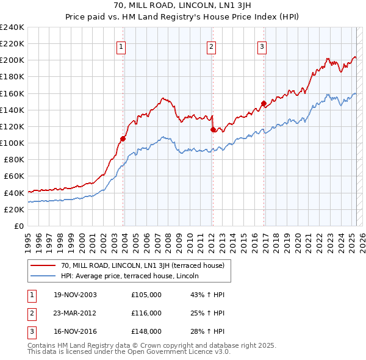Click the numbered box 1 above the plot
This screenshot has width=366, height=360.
[x=121, y=47]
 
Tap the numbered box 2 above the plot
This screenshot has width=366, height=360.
[x=211, y=47]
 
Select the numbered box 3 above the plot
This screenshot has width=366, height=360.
[x=262, y=47]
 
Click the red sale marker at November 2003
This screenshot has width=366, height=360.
[x=123, y=139]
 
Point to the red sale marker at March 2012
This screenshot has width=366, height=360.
[x=213, y=129]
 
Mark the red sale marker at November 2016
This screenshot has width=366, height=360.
[x=264, y=103]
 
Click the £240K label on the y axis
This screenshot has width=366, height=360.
[x=12, y=27]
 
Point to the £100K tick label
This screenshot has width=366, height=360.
[x=12, y=143]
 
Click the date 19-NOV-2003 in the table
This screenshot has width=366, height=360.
[x=75, y=295]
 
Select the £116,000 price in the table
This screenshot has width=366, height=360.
[x=146, y=313]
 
